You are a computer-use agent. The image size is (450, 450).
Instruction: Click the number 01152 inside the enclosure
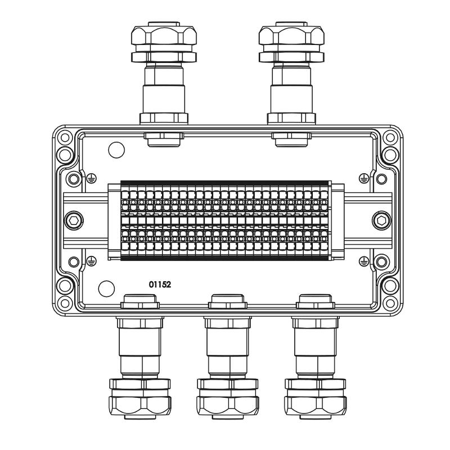(x=160, y=285)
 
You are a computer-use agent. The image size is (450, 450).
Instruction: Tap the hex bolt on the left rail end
(x=74, y=220)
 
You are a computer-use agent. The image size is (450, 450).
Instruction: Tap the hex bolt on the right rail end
(x=381, y=220)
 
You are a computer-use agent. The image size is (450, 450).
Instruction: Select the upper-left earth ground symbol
(x=91, y=178)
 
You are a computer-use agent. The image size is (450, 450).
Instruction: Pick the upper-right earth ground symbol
(x=364, y=178)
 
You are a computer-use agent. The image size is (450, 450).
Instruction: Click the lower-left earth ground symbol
(x=91, y=261)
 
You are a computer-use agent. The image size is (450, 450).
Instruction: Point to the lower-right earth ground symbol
(x=364, y=261)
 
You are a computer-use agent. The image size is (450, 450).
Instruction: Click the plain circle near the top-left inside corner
(x=116, y=150)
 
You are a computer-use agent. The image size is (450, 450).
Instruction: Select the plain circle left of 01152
(x=106, y=289)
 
